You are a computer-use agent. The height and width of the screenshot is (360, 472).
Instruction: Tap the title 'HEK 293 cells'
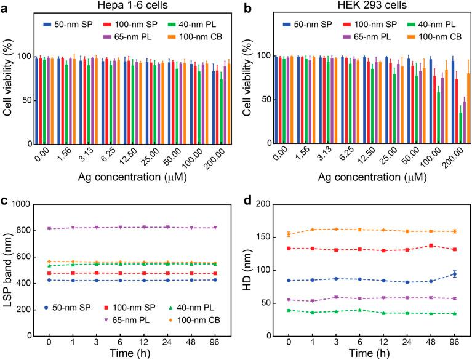[x=356, y=6]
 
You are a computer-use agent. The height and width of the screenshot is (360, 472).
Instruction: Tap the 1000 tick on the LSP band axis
[x=29, y=204]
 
